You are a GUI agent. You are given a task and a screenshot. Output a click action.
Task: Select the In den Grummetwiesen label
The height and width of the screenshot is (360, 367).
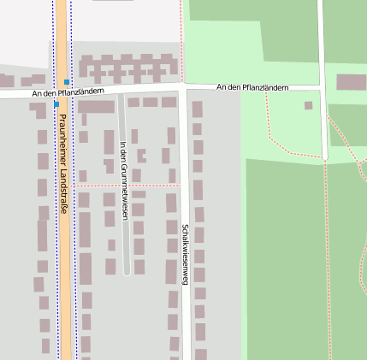(125, 180)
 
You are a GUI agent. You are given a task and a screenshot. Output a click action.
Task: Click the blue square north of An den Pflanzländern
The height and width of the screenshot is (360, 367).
(67, 82)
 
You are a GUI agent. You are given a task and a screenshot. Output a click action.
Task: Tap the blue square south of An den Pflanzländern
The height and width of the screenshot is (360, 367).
(56, 104)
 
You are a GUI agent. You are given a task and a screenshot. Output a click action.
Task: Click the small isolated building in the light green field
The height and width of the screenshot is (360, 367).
(309, 106)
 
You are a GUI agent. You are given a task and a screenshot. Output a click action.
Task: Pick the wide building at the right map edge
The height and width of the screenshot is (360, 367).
(352, 83)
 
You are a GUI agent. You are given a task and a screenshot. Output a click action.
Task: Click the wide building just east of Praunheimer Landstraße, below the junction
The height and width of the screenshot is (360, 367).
(96, 108)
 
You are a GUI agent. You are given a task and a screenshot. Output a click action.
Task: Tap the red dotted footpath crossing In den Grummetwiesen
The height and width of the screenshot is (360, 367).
(125, 185)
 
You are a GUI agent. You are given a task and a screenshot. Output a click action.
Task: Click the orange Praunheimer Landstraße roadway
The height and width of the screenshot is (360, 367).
(62, 257)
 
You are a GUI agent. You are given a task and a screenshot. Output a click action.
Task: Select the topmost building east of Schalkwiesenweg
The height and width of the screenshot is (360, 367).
(198, 109)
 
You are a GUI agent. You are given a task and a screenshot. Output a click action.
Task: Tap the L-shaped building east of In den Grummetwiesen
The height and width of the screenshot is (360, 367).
(142, 156)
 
